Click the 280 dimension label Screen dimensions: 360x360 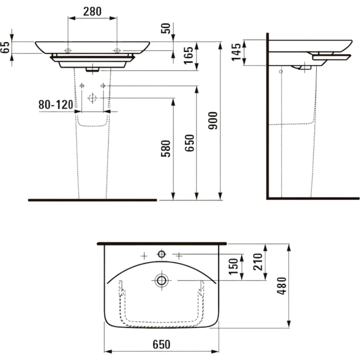pos(92,12)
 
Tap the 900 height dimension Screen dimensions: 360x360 pos(213,121)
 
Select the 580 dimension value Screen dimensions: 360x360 pos(166,148)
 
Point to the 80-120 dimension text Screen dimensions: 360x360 pos(56,105)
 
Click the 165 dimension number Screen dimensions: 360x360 pos(189,55)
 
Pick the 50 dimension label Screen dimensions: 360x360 pos(166,28)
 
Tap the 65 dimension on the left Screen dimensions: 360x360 pos(5,48)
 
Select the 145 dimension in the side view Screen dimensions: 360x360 pos(236,52)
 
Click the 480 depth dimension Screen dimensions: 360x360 pos(282,286)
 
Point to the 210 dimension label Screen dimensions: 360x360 pos(257,262)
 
